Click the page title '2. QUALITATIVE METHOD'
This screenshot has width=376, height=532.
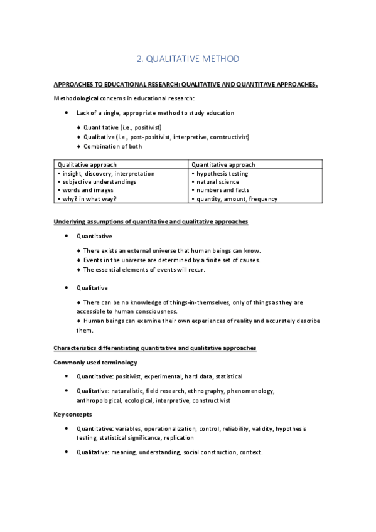tap(188, 59)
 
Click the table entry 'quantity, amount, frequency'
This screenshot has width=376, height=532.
tap(237, 199)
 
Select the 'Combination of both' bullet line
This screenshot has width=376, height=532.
tap(113, 146)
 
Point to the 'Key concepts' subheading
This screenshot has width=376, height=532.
tap(73, 414)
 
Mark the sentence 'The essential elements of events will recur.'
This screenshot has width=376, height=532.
tap(144, 269)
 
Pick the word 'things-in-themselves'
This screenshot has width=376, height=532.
tap(193, 302)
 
